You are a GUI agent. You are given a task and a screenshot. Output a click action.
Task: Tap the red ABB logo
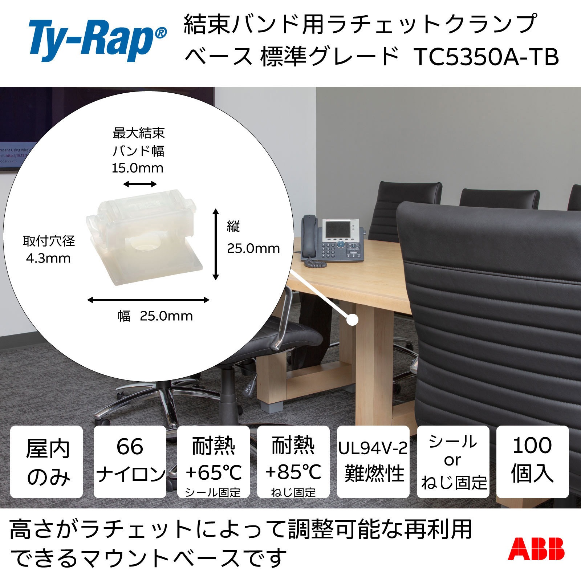coord(536,549)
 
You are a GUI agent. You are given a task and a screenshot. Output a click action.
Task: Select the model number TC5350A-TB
coord(486,57)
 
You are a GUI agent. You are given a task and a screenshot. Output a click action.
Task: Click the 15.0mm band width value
coord(137,168)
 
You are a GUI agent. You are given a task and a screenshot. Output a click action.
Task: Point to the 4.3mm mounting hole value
coord(48,259)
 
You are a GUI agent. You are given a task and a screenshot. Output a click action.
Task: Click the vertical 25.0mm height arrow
coord(216,244)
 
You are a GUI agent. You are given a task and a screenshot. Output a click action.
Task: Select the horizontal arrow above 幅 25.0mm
coord(149,300)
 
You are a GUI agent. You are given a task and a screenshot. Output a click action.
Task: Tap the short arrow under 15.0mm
coord(140,184)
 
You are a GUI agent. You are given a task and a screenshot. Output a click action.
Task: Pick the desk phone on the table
coord(332,240)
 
